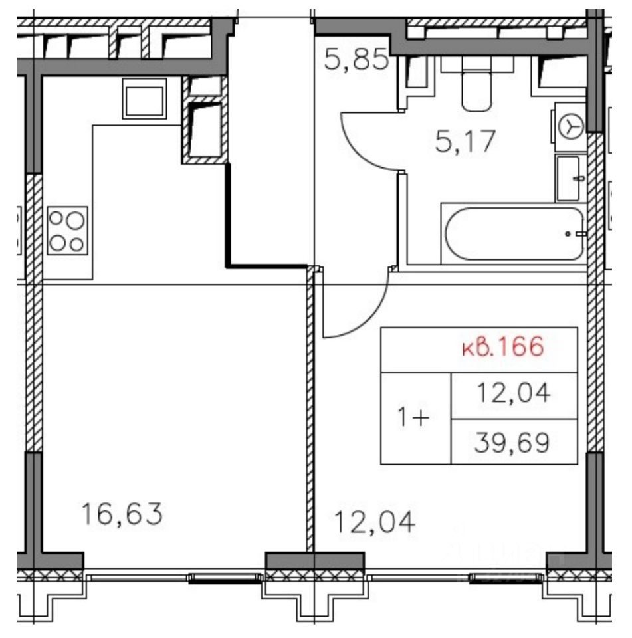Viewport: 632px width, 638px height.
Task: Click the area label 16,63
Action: click(122, 514)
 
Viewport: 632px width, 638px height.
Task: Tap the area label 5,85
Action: click(356, 62)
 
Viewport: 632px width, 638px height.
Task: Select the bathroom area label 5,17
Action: click(466, 141)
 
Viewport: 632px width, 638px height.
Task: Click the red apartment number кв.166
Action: click(503, 347)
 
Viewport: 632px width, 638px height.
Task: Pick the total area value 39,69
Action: click(512, 443)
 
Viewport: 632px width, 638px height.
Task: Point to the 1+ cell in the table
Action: click(413, 418)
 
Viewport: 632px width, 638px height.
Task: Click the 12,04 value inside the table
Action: click(514, 393)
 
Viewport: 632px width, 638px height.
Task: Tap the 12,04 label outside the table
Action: click(374, 522)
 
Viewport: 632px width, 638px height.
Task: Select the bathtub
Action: click(515, 234)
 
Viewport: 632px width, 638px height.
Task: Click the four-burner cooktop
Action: click(67, 231)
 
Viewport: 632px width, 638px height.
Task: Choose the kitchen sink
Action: click(144, 99)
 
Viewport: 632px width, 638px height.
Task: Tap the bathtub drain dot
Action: click(568, 234)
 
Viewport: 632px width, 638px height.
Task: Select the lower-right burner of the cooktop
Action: click(76, 245)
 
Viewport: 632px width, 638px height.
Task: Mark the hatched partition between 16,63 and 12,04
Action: click(310, 410)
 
